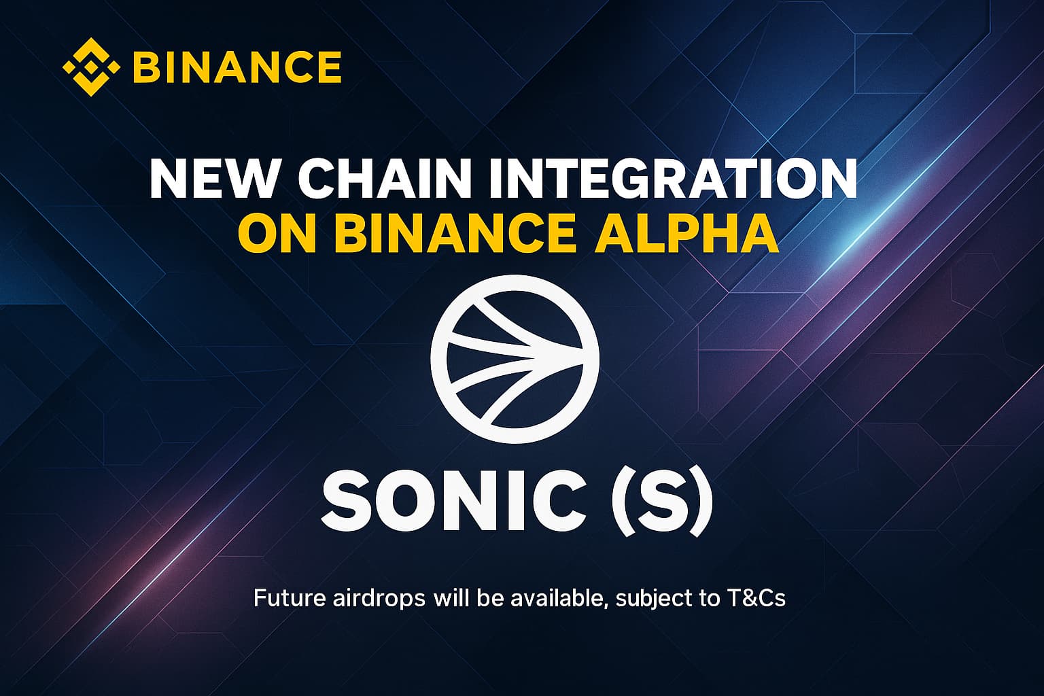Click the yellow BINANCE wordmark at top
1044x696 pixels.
237,67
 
